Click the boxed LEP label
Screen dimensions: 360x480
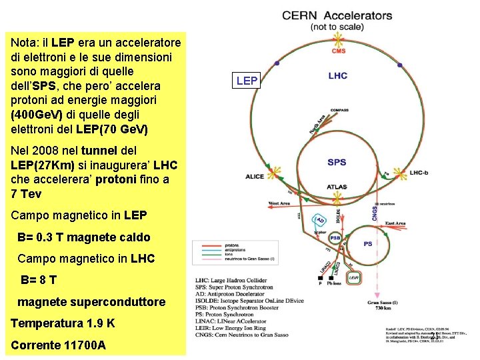click(x=247, y=81)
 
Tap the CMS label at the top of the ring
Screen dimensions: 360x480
click(x=339, y=51)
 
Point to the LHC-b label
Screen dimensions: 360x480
click(x=419, y=173)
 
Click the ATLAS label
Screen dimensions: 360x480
click(x=337, y=187)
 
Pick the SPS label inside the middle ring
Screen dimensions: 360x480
click(x=337, y=162)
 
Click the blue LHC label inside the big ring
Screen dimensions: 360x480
click(x=337, y=76)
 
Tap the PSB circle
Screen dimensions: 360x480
click(x=335, y=238)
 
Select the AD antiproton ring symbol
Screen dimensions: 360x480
click(x=320, y=221)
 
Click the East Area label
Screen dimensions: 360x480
click(x=395, y=223)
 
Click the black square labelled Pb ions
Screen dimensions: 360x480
click(x=321, y=275)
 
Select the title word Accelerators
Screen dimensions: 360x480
click(x=359, y=15)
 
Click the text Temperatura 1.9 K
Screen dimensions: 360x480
click(x=63, y=323)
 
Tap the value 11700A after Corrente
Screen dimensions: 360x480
click(x=82, y=345)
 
